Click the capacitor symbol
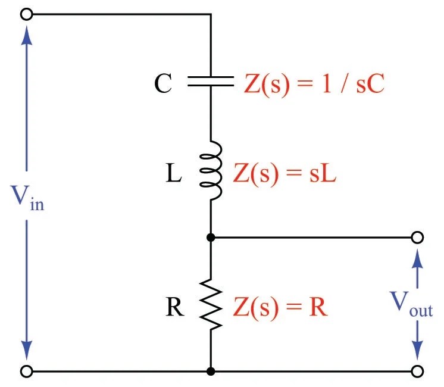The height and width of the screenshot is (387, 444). tap(211, 81)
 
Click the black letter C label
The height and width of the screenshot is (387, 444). tap(163, 85)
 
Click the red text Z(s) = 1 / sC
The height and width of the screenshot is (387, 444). tap(314, 85)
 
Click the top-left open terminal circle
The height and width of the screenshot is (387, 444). tap(26, 14)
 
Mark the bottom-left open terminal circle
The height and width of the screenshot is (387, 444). tap(26, 372)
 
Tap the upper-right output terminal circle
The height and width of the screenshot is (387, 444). tap(418, 238)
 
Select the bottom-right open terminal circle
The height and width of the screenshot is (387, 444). tap(418, 372)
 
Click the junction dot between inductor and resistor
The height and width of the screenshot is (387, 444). tap(211, 238)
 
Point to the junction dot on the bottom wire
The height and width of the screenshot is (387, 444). tap(211, 372)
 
